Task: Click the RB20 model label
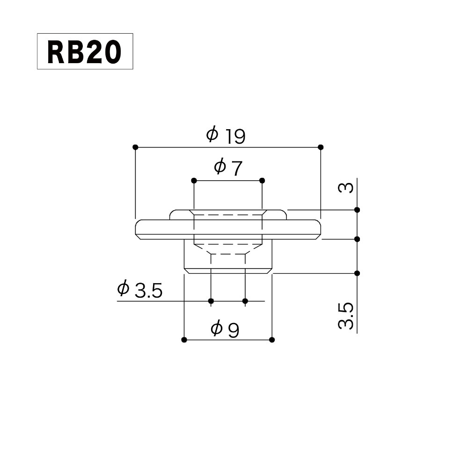(85, 51)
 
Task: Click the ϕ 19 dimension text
(226, 136)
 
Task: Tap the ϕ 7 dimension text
(228, 168)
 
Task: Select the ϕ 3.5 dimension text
(139, 290)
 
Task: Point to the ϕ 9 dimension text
(225, 329)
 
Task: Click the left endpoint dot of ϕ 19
(135, 147)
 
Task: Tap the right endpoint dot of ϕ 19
(321, 147)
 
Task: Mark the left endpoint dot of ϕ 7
(193, 180)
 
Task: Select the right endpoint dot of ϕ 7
(262, 180)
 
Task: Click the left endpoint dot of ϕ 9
(184, 339)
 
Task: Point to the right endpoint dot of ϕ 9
(272, 339)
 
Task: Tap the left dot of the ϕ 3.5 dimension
(211, 300)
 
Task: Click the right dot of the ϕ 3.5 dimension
(245, 300)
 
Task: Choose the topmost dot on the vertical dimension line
(357, 210)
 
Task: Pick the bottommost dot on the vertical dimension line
(357, 273)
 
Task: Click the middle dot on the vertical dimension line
(357, 239)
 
